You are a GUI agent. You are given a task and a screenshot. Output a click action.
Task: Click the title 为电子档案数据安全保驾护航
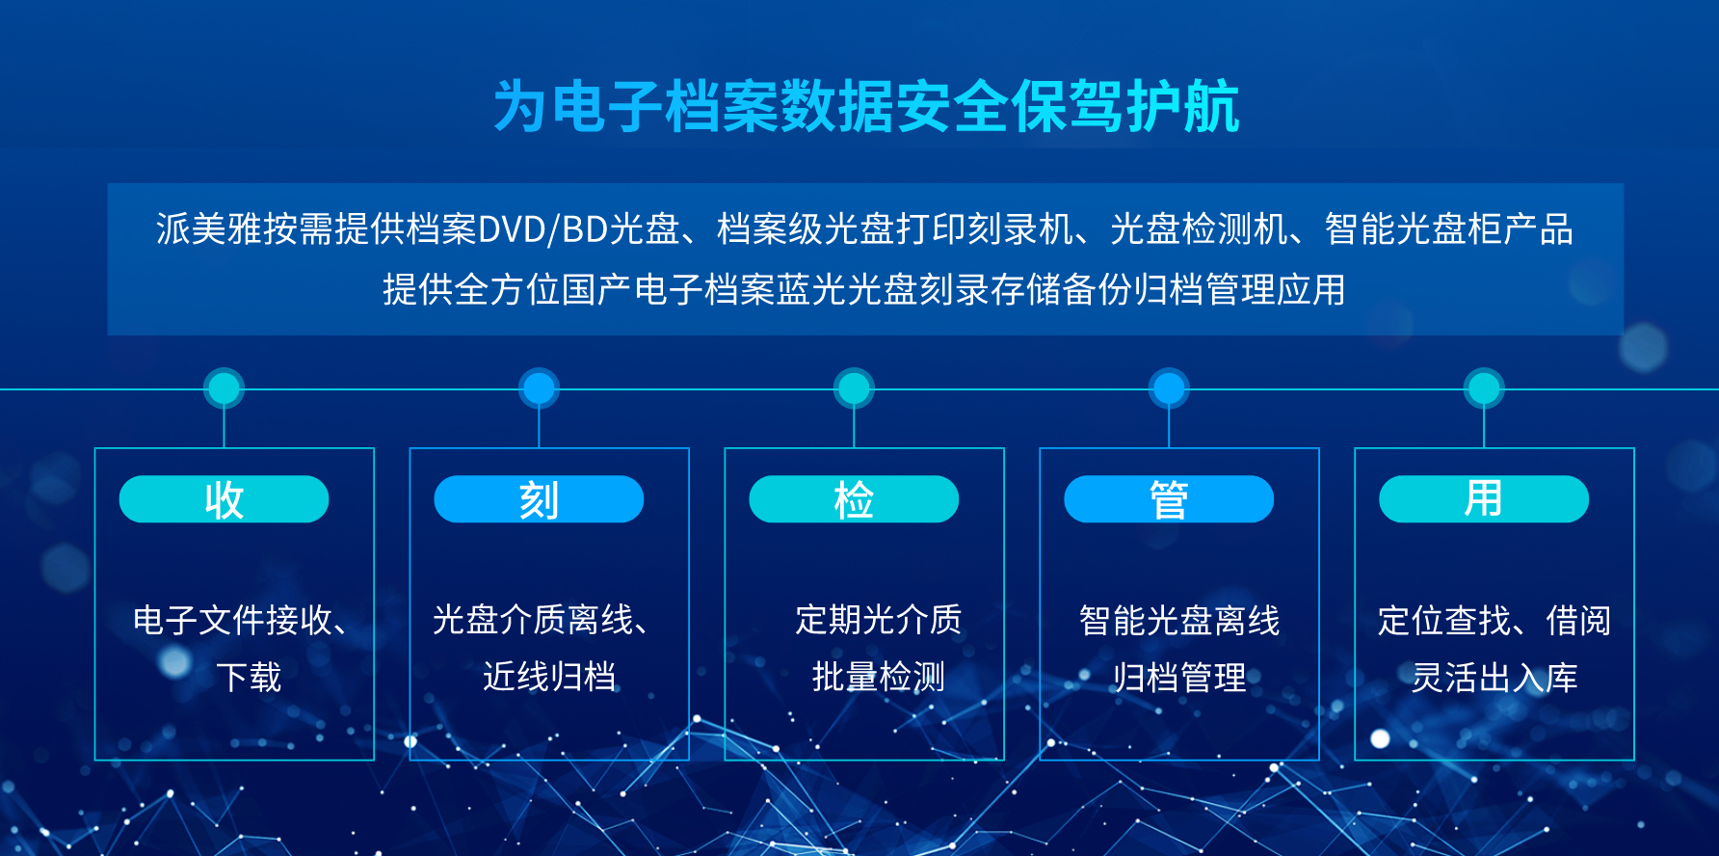coord(866,106)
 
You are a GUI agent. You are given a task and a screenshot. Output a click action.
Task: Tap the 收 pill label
coord(224,499)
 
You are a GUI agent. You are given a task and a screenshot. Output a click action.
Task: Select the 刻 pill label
coord(539,499)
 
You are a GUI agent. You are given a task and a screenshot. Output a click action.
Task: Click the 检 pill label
coord(854,499)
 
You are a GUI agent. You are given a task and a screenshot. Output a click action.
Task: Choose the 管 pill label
coord(1169,499)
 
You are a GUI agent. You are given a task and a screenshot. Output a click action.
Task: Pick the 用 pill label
coord(1484,499)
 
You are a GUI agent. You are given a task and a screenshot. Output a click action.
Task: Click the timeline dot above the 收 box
coord(224,388)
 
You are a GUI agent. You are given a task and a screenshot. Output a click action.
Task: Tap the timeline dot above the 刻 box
coord(539,388)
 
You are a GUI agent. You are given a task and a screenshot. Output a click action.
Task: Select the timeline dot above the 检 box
coord(854,388)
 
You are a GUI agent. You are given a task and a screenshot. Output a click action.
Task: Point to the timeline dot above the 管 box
coord(1169,388)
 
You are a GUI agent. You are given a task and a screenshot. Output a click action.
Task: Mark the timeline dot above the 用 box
coord(1484,388)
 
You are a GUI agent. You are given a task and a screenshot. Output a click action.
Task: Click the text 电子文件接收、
coord(241,620)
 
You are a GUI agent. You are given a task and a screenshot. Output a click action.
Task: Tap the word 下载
coord(249,678)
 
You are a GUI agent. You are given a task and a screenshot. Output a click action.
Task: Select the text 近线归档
coord(549,678)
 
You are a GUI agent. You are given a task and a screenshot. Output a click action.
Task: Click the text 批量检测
coord(878,678)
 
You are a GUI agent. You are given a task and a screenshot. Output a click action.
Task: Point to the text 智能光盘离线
coord(1179,621)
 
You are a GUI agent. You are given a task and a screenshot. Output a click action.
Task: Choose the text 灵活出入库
coord(1494,678)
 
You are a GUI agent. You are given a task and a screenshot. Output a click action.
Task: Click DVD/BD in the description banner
coord(543,229)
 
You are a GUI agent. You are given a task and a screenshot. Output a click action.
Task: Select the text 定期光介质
coord(878,620)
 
